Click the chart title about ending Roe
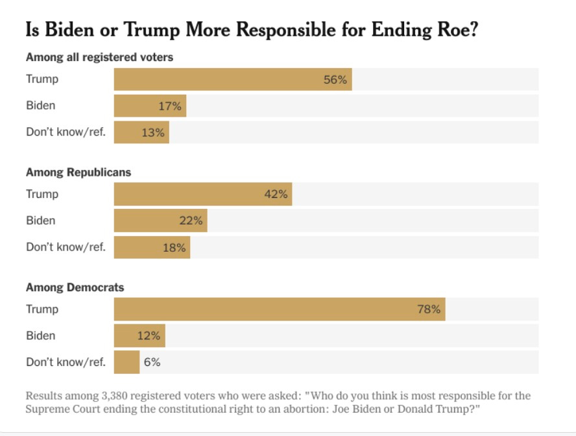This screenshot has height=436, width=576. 252,30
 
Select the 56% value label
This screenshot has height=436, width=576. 336,80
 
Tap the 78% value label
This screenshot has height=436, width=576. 429,309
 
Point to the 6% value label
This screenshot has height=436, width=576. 152,362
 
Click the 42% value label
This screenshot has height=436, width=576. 276,195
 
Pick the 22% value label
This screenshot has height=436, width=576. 191,221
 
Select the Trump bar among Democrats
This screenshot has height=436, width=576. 279,309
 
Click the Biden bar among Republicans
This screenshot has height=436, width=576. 160,221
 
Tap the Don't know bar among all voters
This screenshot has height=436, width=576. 141,132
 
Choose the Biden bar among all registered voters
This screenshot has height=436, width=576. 150,106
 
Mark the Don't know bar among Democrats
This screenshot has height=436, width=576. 126,362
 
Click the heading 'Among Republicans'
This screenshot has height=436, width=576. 78,172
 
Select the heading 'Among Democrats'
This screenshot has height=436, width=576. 75,287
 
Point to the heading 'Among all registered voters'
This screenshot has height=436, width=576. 99,57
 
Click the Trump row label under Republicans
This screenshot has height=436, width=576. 42,194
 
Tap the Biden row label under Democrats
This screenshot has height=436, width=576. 40,335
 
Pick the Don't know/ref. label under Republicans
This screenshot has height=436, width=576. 66,247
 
